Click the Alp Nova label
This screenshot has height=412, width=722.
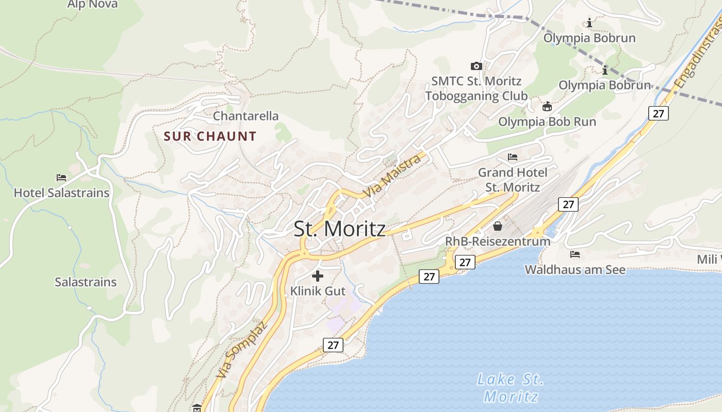(92, 5)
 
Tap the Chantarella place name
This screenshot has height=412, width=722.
(245, 116)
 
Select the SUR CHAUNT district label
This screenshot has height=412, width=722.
(210, 136)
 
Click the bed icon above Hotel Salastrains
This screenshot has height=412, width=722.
(61, 178)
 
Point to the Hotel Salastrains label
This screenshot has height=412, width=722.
(61, 193)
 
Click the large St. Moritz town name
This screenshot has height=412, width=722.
(339, 229)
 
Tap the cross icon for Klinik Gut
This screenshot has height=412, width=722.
(318, 276)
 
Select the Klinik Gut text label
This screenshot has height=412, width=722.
(318, 291)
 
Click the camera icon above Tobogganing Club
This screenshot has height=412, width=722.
(477, 66)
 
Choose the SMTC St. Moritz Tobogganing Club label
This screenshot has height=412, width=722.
(477, 89)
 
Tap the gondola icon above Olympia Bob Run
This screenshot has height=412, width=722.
(547, 107)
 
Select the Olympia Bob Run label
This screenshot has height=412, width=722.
(547, 122)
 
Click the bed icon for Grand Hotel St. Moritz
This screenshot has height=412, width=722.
(513, 157)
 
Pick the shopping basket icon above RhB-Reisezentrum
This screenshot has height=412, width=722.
(498, 226)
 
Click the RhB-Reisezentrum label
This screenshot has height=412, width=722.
(498, 241)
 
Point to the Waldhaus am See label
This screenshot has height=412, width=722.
(575, 269)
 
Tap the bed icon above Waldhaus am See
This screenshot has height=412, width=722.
(575, 254)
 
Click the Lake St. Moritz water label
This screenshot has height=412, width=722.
(511, 388)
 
